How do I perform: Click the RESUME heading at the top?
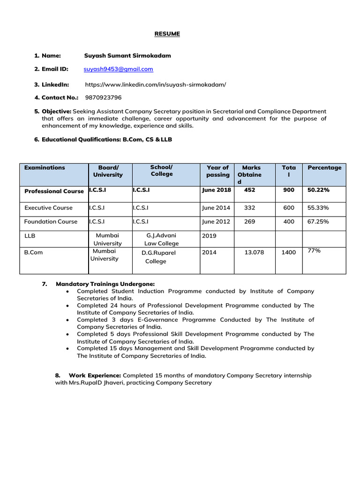[167, 34]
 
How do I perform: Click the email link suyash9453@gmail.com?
[118, 69]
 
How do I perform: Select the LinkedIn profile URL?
[156, 84]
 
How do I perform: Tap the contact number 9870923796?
[103, 97]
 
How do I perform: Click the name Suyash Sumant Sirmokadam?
[127, 56]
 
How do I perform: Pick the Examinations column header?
[45, 168]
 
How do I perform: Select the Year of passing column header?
[218, 171]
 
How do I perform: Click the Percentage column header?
[324, 168]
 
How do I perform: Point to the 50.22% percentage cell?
[318, 191]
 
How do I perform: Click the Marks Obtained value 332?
[249, 208]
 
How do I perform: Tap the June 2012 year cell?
[216, 222]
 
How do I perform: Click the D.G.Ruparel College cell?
[158, 257]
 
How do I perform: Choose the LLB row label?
[30, 236]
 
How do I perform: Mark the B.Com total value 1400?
[289, 252]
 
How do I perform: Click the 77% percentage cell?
[314, 251]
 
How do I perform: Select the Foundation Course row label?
[51, 222]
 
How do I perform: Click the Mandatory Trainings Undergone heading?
[105, 284]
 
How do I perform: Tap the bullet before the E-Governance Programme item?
[68, 320]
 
